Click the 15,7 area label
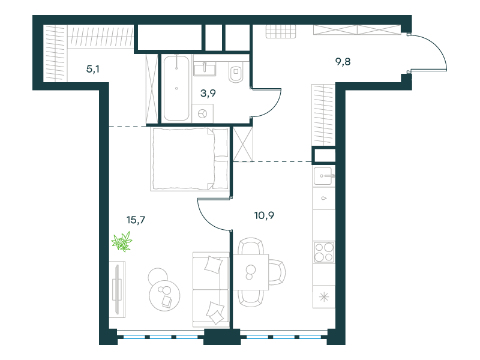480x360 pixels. click(136, 220)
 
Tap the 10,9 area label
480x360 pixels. click(264, 215)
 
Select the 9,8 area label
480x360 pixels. click(343, 62)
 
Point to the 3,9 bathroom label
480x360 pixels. click(208, 93)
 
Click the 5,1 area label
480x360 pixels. click(93, 69)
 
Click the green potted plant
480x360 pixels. click(122, 242)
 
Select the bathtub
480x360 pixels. click(176, 88)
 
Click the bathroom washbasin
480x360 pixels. click(205, 68)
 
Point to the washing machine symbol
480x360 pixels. click(203, 113)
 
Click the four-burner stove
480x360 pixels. click(324, 252)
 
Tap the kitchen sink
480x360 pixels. click(324, 176)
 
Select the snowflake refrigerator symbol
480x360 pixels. click(324, 297)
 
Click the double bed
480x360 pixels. click(190, 159)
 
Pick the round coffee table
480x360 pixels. click(164, 295)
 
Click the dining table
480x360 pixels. click(251, 272)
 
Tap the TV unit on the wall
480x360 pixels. click(117, 289)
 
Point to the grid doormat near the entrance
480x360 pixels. click(281, 31)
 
